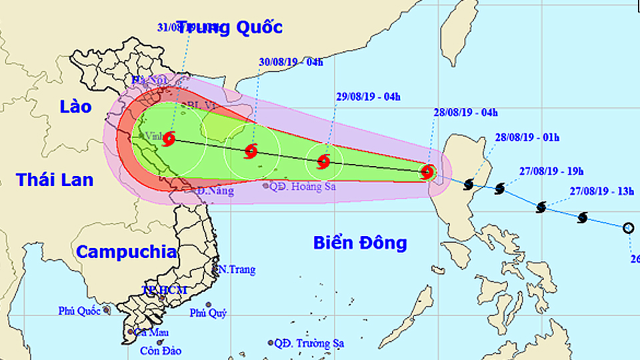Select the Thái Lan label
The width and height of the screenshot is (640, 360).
55,179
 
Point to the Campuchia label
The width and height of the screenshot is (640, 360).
126,252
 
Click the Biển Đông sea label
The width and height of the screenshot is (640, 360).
360,243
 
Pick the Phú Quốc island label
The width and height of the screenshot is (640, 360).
79,310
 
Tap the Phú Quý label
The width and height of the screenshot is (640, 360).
208,313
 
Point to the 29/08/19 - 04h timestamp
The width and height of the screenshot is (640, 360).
369,97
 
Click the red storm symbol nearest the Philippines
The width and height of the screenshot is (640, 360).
427,172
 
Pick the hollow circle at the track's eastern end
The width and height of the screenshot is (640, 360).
628,228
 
